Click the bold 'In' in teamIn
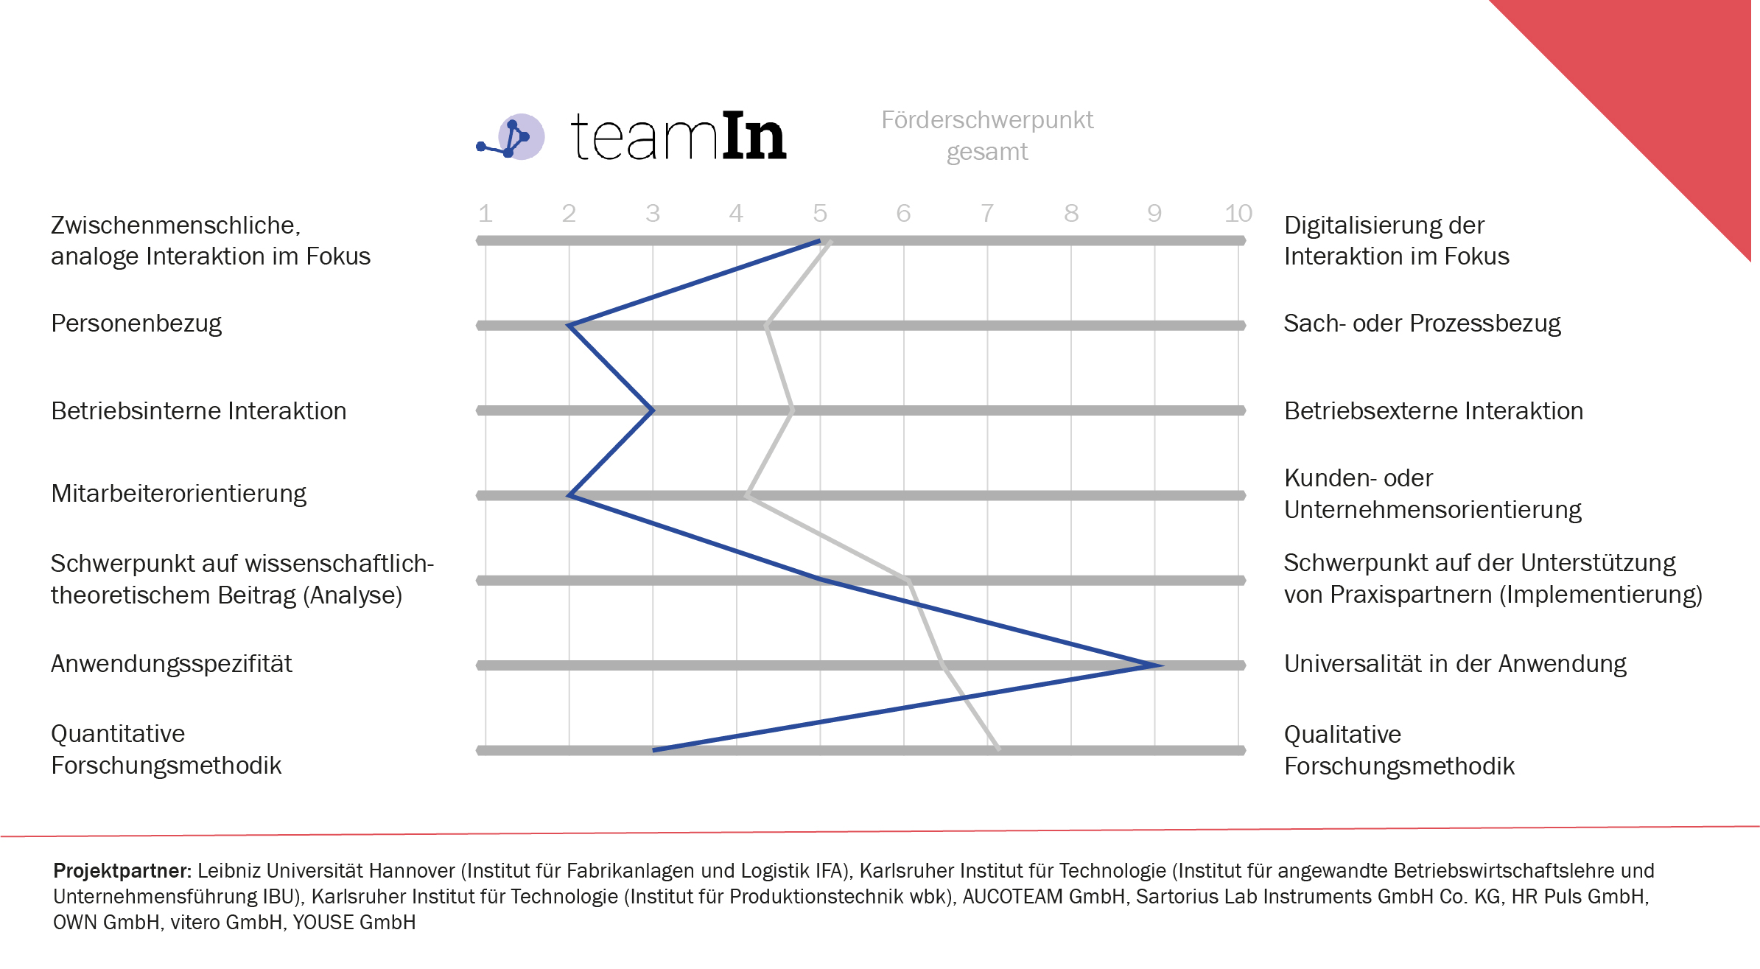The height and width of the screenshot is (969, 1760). click(x=754, y=136)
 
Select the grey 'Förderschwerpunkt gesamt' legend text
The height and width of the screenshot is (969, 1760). click(x=987, y=136)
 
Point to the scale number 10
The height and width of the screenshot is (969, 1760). click(x=1238, y=214)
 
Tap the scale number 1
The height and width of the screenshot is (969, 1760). click(x=485, y=214)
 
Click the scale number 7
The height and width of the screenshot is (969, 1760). click(x=987, y=214)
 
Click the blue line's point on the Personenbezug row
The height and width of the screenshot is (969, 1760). click(x=569, y=325)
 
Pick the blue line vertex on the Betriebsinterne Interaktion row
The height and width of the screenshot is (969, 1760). click(x=653, y=410)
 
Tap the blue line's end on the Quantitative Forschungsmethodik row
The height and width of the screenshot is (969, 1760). click(x=654, y=750)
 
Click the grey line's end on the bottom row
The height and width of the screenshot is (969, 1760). click(x=998, y=749)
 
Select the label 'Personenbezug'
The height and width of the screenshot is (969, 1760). click(x=136, y=323)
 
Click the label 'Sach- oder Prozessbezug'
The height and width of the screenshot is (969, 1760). click(x=1422, y=323)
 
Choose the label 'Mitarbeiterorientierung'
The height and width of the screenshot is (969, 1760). click(x=178, y=494)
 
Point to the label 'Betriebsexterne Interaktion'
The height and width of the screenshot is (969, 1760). click(x=1433, y=411)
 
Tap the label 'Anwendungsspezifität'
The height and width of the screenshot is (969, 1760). click(x=171, y=664)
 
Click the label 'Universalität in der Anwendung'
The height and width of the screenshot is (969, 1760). click(x=1455, y=664)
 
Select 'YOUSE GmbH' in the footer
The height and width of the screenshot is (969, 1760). click(x=354, y=923)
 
